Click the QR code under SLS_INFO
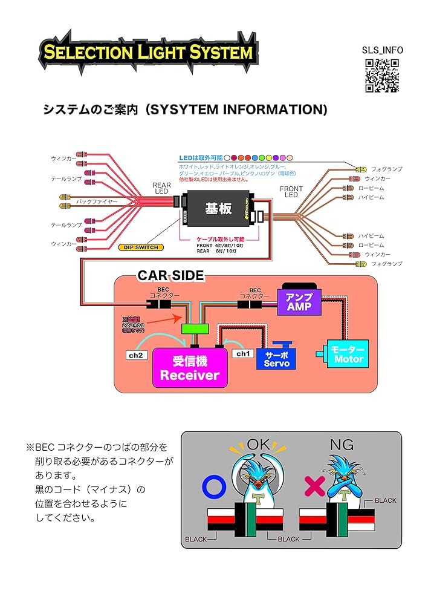(381, 76)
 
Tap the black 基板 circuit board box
(219, 208)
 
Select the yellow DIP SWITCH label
(138, 247)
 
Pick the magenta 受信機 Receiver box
(190, 368)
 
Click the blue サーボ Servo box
(277, 358)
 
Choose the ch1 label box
(242, 353)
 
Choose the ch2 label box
(135, 355)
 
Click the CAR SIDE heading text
(170, 276)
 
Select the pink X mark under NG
(314, 485)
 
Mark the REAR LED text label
(161, 189)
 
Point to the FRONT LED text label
(291, 192)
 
